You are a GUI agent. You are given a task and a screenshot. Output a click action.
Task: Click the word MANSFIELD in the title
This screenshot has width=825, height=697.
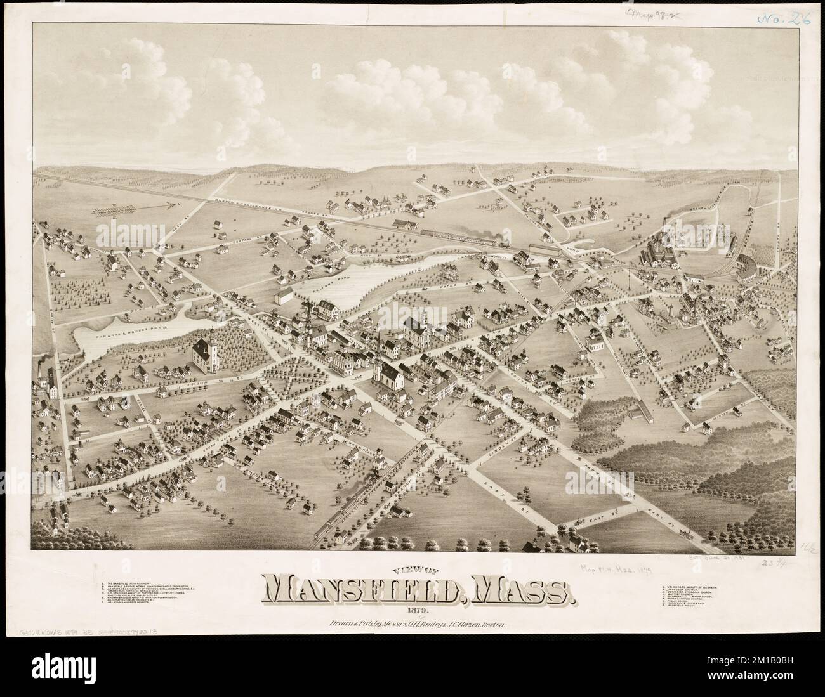[359, 592]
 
